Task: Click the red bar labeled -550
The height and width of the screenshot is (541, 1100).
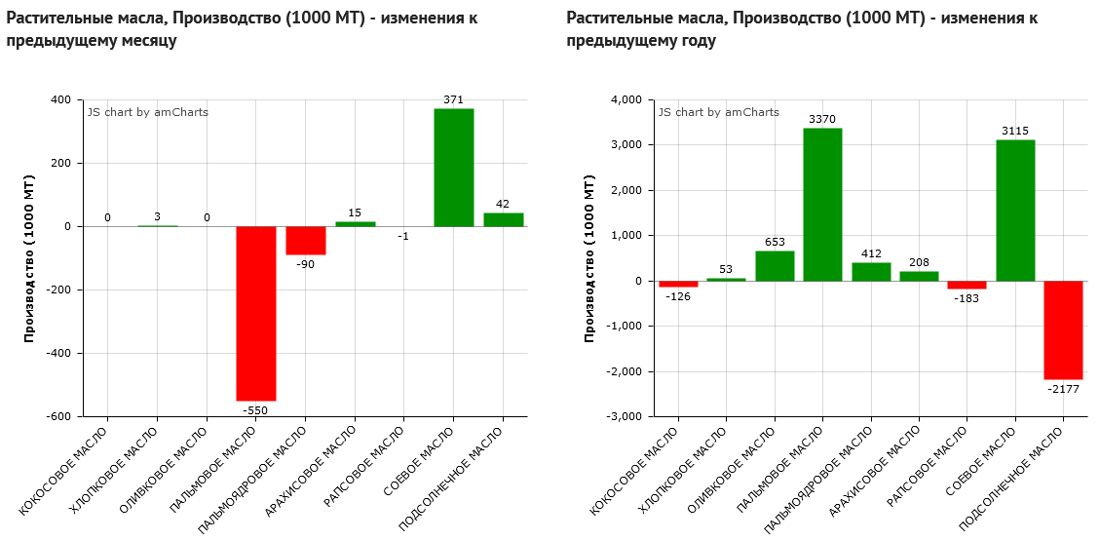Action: pyautogui.click(x=256, y=313)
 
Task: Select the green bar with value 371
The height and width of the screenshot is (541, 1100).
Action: pyautogui.click(x=453, y=168)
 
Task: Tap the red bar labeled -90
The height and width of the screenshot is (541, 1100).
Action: pyautogui.click(x=306, y=240)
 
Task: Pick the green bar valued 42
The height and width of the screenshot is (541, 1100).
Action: pyautogui.click(x=504, y=219)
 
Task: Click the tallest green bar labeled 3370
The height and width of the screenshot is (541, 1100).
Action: pyautogui.click(x=822, y=205)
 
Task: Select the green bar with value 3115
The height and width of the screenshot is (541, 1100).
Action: pyautogui.click(x=1015, y=211)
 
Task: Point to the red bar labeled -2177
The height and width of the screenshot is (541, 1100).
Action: pyautogui.click(x=1063, y=329)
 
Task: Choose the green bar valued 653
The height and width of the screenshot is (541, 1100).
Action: pyautogui.click(x=775, y=266)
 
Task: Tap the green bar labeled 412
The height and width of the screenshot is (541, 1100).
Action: pyautogui.click(x=871, y=272)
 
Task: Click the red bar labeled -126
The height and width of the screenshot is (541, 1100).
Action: pyautogui.click(x=678, y=284)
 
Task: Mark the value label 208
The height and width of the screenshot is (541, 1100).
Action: pyautogui.click(x=919, y=262)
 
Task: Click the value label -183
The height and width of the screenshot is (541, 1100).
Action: pyautogui.click(x=967, y=298)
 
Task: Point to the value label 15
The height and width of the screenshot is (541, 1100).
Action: pyautogui.click(x=355, y=213)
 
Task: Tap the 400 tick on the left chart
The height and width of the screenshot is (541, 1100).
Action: pyautogui.click(x=60, y=99)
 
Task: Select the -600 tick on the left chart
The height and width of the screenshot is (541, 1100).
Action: pyautogui.click(x=58, y=416)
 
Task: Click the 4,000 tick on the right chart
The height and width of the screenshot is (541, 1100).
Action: pyautogui.click(x=626, y=99)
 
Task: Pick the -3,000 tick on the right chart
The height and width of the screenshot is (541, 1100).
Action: pyautogui.click(x=624, y=416)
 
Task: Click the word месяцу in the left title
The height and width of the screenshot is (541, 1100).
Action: pyautogui.click(x=148, y=41)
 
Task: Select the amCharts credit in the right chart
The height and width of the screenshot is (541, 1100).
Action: pyautogui.click(x=719, y=112)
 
